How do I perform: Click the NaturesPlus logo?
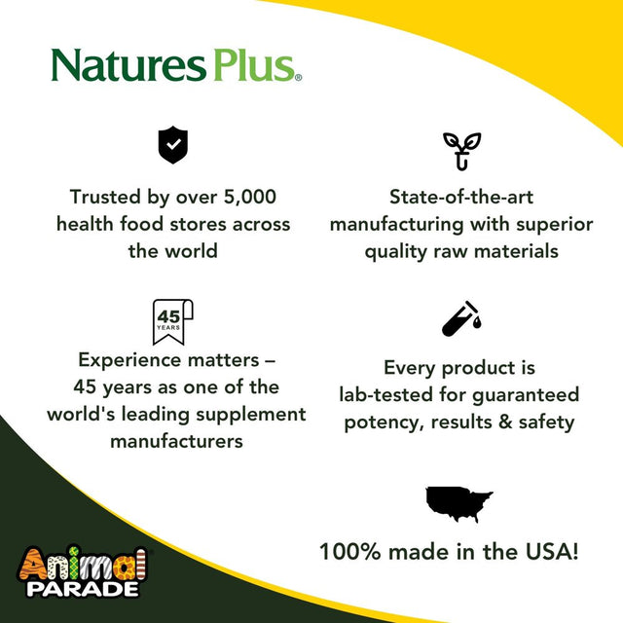(176, 65)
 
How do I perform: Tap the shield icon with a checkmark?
(172, 146)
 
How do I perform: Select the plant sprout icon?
(461, 150)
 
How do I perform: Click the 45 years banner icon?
(172, 321)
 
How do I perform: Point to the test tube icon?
(461, 318)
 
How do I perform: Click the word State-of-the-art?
(461, 197)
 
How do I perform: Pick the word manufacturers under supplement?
(176, 441)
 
